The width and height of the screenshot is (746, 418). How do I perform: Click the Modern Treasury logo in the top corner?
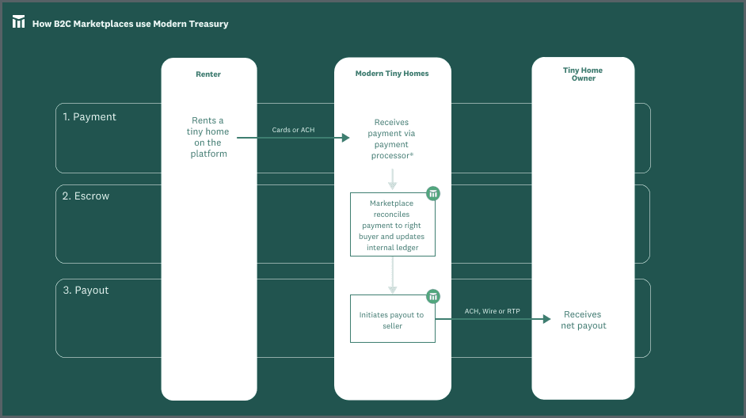click(19, 22)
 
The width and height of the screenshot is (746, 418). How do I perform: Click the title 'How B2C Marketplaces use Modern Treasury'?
click(130, 24)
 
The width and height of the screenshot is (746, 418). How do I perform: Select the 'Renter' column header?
click(208, 74)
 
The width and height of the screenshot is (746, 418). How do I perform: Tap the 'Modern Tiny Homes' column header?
click(392, 74)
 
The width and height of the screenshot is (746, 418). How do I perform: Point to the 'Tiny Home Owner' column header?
click(583, 74)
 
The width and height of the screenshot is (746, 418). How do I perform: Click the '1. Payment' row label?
click(89, 117)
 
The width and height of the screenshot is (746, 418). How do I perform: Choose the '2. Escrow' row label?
click(86, 196)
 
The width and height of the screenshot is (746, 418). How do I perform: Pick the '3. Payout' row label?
click(86, 291)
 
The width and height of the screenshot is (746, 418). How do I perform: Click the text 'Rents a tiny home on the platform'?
click(209, 138)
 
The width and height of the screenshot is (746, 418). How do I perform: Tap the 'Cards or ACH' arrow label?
click(293, 129)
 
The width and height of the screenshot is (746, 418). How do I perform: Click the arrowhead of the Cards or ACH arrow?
click(345, 138)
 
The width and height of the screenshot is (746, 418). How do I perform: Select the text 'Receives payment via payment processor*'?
click(393, 139)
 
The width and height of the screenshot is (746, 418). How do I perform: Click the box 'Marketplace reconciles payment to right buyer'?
click(392, 226)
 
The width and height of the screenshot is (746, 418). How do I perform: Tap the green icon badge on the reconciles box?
click(433, 193)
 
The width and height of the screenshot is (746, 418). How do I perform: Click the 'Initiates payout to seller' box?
click(392, 320)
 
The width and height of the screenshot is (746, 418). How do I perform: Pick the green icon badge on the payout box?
click(433, 297)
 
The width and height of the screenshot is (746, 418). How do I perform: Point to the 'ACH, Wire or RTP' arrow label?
click(492, 311)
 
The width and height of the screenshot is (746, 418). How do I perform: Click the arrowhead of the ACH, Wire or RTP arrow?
click(546, 319)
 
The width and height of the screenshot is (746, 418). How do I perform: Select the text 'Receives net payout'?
click(583, 320)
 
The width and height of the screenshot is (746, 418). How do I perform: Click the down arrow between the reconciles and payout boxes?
click(393, 276)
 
